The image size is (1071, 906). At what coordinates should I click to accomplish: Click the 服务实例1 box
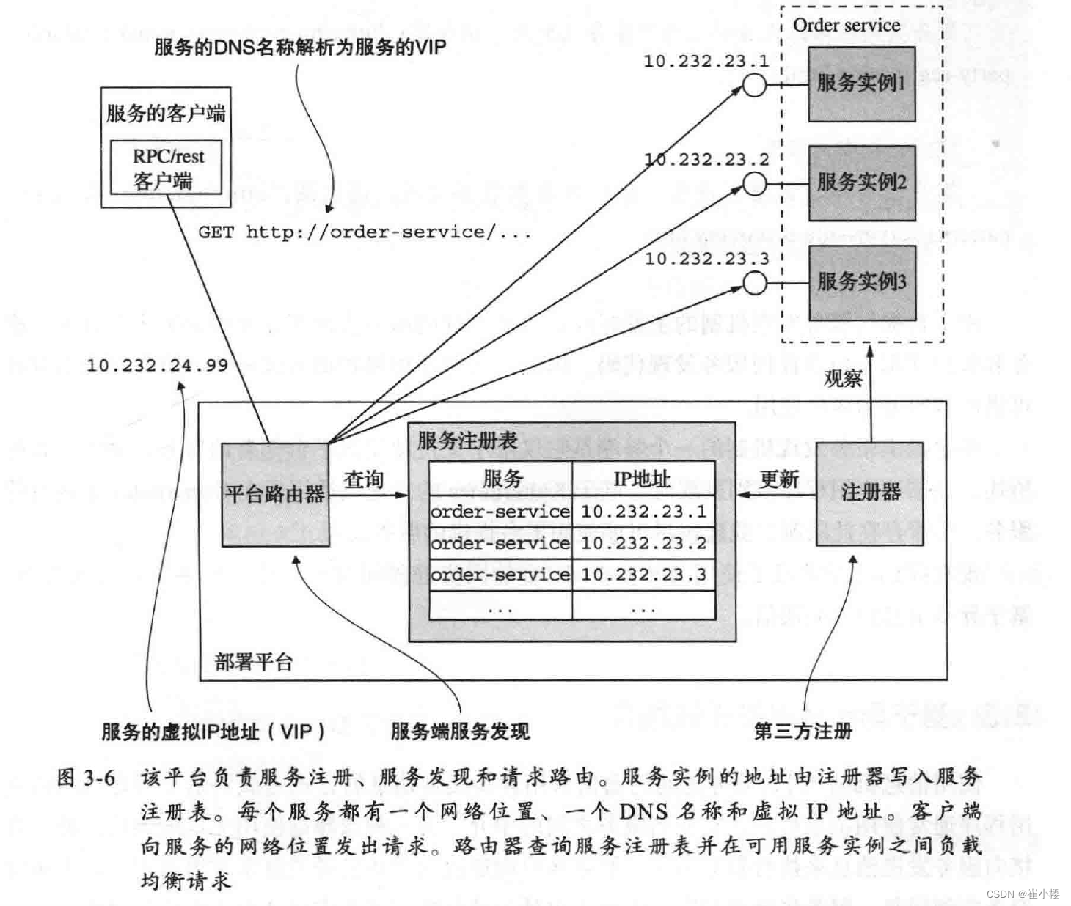point(861,84)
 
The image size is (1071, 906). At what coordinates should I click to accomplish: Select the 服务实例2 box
point(861,183)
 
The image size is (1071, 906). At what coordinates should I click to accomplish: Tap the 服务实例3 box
point(861,282)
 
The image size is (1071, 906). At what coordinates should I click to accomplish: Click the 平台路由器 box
point(275,494)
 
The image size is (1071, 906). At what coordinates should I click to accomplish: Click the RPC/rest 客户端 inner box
point(166,168)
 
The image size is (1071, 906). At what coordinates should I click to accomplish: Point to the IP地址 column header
point(643,479)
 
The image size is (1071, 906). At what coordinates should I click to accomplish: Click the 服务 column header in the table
point(502,479)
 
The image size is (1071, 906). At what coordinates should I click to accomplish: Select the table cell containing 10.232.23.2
point(643,543)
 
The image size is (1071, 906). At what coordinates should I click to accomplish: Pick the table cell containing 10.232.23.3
point(643,575)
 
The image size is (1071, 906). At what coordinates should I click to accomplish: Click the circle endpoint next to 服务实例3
point(754,283)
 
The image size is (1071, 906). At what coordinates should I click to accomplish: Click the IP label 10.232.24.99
point(157,365)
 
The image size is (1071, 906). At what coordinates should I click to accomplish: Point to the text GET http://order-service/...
point(364,232)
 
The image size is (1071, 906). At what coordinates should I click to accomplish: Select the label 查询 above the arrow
point(364,480)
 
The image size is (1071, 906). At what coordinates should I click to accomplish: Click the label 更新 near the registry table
point(778,479)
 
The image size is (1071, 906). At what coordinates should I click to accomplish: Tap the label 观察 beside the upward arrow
point(843,379)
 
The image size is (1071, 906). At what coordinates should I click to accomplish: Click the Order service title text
point(846,25)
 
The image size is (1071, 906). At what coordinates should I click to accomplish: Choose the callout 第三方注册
point(803,731)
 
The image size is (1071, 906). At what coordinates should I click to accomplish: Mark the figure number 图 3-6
point(86,778)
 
